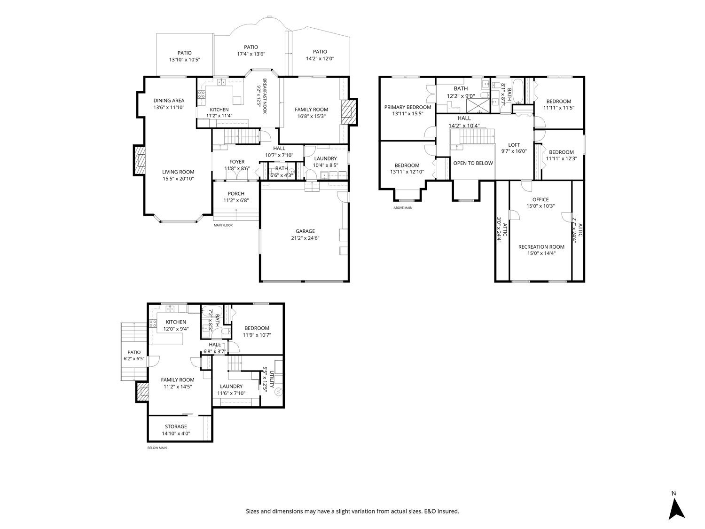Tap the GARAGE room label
(x=305, y=231)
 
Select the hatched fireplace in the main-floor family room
(x=349, y=112)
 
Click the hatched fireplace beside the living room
(x=140, y=160)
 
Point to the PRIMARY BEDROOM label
(x=407, y=107)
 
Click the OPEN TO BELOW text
(x=473, y=163)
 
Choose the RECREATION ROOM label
(x=541, y=247)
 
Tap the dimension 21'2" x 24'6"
(x=305, y=238)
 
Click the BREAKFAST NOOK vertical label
(x=265, y=96)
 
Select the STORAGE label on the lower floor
(x=176, y=426)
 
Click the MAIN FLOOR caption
(x=223, y=225)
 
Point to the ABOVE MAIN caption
(x=403, y=208)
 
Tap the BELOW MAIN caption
(x=157, y=448)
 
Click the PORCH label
(x=236, y=193)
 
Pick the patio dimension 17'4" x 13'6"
(x=251, y=54)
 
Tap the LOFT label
(x=514, y=145)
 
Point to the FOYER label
(x=237, y=162)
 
